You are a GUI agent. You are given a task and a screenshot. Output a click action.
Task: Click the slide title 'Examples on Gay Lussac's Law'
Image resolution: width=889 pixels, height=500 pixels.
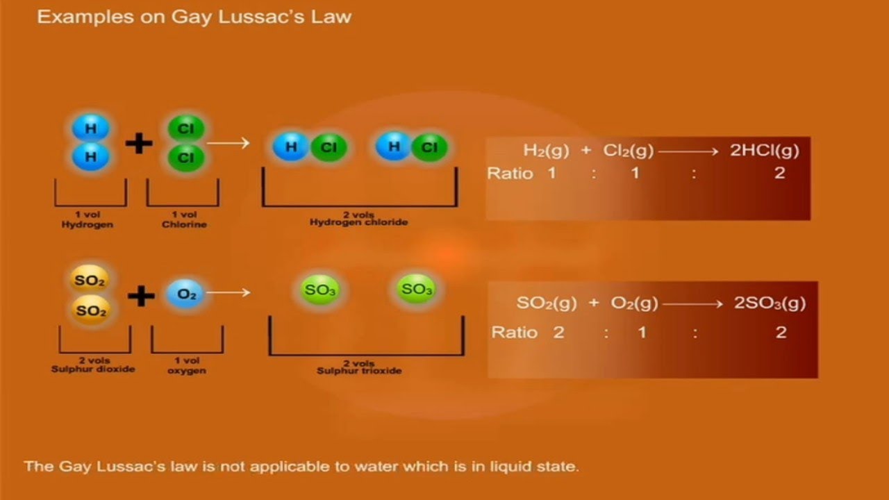coord(194,17)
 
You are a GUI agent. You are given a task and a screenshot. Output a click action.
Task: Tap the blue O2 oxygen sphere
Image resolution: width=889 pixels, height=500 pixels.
coord(186,294)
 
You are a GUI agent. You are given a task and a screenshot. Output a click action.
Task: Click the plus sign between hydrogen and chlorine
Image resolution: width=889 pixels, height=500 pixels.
coord(139,144)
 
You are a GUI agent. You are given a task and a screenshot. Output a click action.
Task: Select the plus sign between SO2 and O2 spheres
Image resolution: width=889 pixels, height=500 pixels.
coord(141,296)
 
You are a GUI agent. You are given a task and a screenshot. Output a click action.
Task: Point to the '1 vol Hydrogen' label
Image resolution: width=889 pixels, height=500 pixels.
coord(88,220)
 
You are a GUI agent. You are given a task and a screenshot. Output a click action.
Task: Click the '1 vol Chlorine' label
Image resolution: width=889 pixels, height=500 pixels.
coord(184,220)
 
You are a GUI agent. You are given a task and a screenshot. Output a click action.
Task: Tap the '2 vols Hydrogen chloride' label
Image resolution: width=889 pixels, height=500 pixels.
coord(358,219)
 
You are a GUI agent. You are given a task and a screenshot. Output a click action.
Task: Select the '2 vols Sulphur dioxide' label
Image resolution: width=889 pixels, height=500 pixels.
coord(92,365)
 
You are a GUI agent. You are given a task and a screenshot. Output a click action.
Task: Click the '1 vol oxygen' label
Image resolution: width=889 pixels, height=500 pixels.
coord(186,365)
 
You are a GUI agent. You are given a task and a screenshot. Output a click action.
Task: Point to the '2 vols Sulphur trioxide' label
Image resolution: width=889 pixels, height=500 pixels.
coord(359,367)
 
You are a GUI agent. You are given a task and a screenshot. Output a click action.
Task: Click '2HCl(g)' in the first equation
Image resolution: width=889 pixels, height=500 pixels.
coord(764,151)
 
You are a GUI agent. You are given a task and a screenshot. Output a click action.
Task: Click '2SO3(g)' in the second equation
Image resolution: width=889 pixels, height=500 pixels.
coord(770,303)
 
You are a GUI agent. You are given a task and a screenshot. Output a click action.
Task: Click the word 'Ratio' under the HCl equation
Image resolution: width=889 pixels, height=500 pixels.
coord(510,174)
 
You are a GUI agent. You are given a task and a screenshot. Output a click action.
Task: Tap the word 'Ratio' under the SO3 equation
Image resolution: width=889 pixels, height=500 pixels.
coord(515,333)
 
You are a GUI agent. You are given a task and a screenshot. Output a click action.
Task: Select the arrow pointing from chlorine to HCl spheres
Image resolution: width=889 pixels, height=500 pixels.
coord(229,144)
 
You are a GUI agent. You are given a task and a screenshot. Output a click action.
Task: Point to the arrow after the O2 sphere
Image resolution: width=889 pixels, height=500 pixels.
coord(229,292)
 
